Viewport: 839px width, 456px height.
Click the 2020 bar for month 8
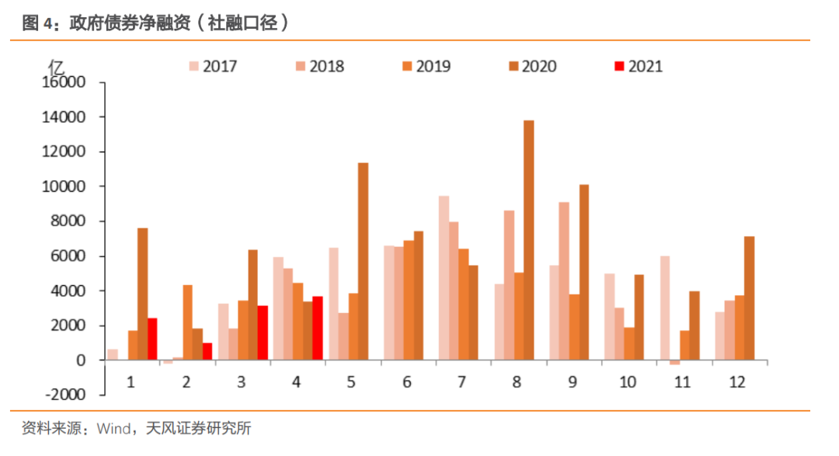pos(529,240)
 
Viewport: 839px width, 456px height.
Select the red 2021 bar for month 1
pos(152,339)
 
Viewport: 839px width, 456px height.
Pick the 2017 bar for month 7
pos(444,278)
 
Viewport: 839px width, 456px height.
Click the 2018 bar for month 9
pos(563,281)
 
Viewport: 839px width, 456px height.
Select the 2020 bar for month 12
pos(749,298)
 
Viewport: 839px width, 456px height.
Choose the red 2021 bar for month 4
pos(318,328)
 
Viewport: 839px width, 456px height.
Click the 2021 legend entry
pos(637,66)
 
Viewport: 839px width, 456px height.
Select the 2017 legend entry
pos(211,66)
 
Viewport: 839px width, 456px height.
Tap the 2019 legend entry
pos(424,66)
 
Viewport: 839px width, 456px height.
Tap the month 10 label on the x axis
pos(628,381)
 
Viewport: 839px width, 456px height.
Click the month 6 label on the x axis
pos(407,381)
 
